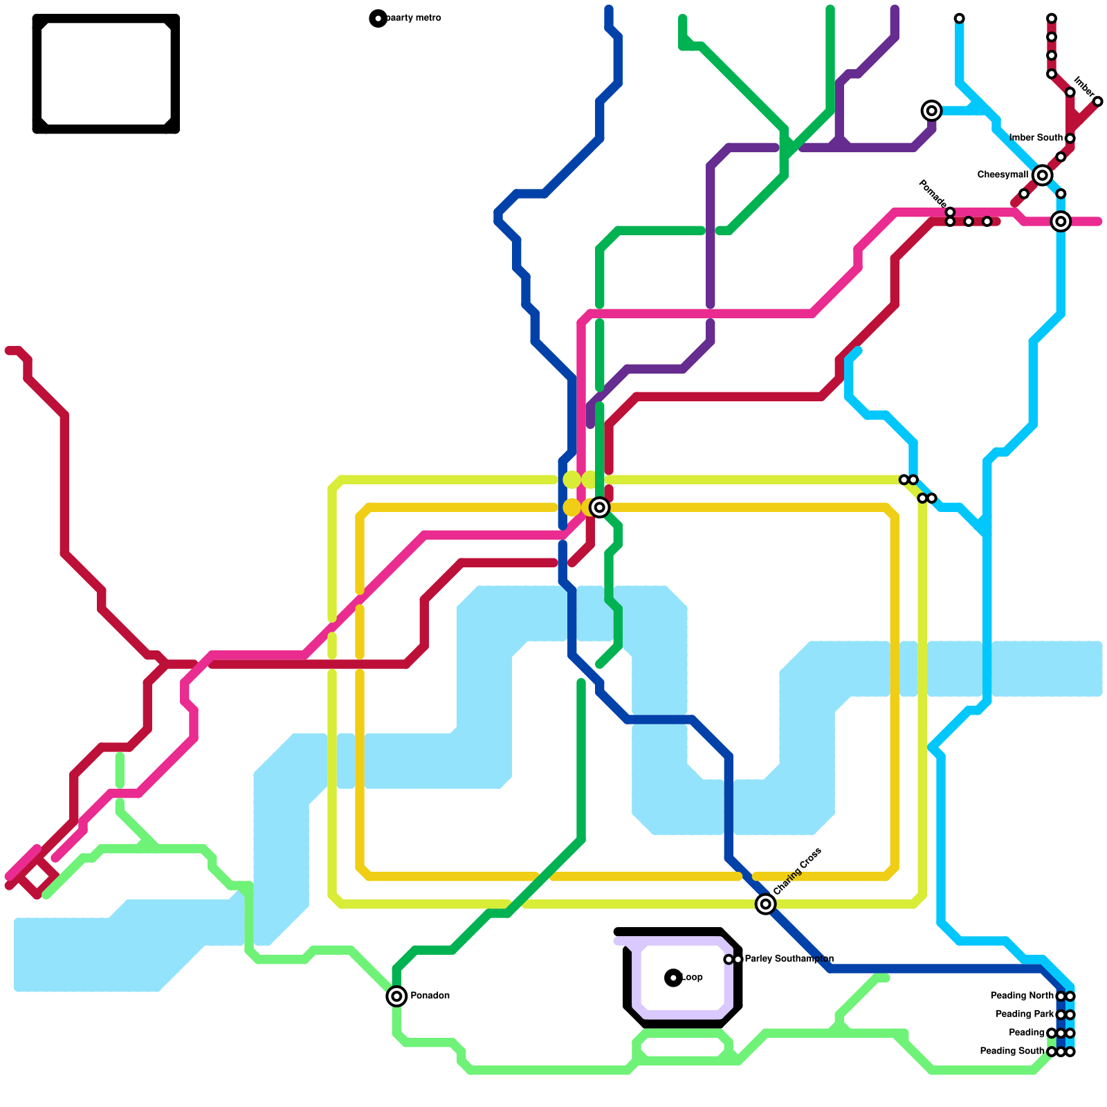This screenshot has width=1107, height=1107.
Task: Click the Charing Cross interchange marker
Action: [765, 904]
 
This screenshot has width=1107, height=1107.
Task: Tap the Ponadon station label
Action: [430, 996]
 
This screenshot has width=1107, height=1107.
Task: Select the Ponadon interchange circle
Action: [396, 996]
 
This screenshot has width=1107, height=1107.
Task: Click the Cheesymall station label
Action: [1003, 175]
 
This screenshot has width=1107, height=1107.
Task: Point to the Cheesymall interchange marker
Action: [1042, 176]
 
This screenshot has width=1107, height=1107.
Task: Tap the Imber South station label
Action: [1036, 138]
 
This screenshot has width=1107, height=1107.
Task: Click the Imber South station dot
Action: [1070, 138]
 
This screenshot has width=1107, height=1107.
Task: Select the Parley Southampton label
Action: [789, 959]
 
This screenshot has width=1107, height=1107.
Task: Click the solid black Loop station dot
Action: [673, 978]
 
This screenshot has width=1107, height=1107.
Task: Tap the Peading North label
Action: [1022, 996]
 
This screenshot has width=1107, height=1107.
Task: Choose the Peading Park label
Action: [1025, 1014]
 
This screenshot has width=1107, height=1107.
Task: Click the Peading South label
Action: [1012, 1051]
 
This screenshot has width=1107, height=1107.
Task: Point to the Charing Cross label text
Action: [797, 871]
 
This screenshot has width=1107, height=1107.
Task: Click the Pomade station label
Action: [931, 193]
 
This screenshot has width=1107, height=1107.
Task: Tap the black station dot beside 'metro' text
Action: [378, 19]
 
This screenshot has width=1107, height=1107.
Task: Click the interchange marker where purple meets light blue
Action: [932, 111]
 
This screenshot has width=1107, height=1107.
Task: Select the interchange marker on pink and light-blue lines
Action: [1061, 221]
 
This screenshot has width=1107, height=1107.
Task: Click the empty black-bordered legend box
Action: [106, 73]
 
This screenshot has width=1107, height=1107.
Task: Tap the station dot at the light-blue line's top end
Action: [959, 18]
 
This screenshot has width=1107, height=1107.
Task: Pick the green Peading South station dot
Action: [1051, 1052]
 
